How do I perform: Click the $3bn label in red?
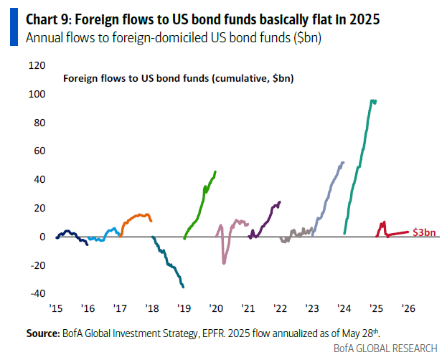click(424, 232)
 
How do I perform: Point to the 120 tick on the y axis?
click(36, 65)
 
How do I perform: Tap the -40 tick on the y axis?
click(36, 293)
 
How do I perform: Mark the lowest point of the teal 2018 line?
click(184, 287)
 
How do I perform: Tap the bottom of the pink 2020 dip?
click(224, 263)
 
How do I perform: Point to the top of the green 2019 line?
click(216, 171)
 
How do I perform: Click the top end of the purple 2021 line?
click(280, 202)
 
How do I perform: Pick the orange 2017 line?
click(136, 216)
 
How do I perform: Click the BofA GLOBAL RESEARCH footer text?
click(385, 348)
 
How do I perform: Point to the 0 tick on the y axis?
click(42, 237)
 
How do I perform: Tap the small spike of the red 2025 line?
click(384, 222)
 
